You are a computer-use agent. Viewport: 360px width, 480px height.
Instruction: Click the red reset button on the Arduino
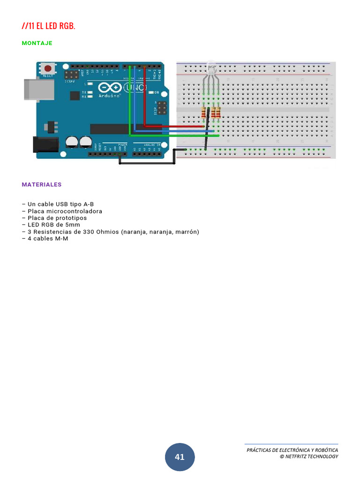(47, 68)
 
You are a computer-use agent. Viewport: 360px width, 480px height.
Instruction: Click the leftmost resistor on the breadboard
(203, 112)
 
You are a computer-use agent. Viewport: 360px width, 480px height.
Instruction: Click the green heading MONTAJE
(37, 43)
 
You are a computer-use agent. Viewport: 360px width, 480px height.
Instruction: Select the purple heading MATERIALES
(42, 185)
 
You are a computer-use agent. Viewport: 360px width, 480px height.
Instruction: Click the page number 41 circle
(180, 457)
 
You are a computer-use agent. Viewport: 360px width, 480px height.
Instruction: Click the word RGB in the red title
(66, 26)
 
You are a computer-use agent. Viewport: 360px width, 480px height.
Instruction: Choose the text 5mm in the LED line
(73, 225)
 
